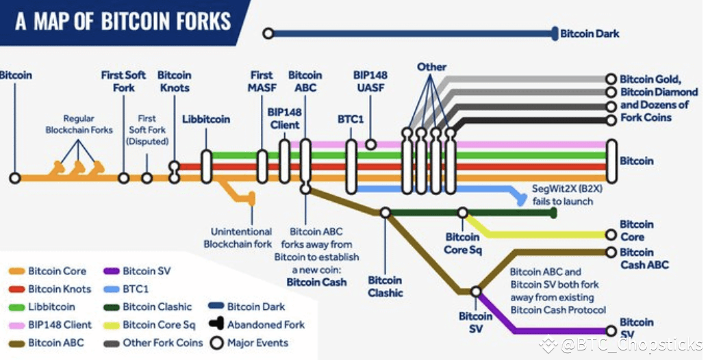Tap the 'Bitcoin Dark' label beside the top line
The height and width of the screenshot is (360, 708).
click(x=590, y=33)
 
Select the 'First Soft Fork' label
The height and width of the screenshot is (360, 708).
click(x=123, y=81)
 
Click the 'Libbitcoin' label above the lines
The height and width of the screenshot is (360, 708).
click(x=206, y=119)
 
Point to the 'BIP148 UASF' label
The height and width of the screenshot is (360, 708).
click(x=370, y=81)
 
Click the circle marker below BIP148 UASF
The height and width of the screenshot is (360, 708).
click(x=370, y=144)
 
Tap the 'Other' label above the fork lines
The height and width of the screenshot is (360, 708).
click(x=431, y=67)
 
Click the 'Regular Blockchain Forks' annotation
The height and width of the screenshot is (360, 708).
click(x=79, y=124)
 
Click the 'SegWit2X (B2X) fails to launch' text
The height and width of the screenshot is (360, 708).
click(x=562, y=194)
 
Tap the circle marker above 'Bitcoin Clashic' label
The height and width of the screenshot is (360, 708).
click(x=385, y=213)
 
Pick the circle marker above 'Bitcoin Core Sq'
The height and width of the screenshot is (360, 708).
click(x=463, y=213)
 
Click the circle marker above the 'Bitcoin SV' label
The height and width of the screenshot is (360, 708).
click(x=476, y=292)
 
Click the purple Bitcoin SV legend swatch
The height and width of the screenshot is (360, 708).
click(x=113, y=272)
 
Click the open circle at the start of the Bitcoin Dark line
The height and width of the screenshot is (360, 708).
click(x=268, y=33)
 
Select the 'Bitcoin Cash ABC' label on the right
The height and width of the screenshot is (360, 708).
click(x=644, y=259)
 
